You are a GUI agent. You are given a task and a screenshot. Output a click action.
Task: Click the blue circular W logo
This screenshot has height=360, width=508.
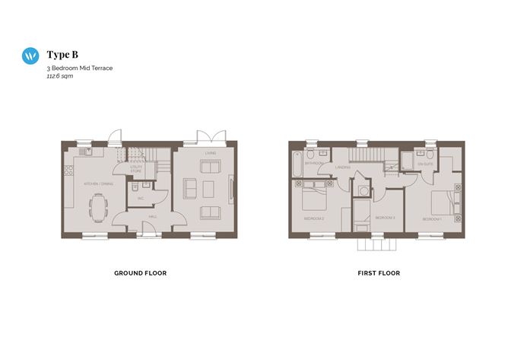tap(30, 55)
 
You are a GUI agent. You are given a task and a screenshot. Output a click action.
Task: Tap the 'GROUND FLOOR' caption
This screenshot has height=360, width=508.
tap(140, 272)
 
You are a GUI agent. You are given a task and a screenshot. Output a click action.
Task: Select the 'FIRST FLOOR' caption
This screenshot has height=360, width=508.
tap(378, 272)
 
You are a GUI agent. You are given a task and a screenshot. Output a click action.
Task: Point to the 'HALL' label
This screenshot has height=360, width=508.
tap(152, 217)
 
